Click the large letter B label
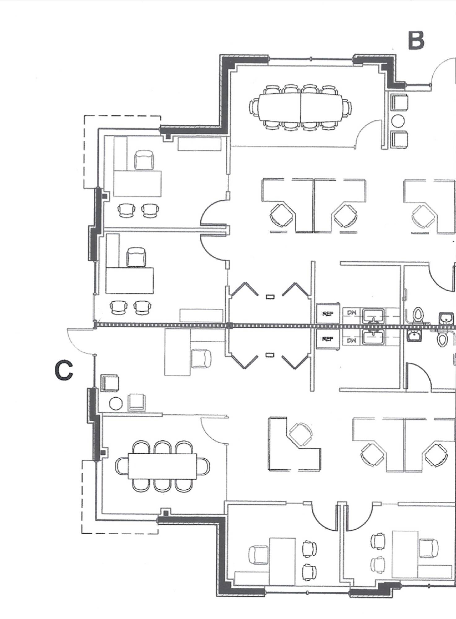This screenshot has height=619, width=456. (x=416, y=41)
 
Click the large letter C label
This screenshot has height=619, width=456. (x=64, y=370)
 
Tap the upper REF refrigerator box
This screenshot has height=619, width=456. (x=328, y=314)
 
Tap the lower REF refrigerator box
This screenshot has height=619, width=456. (x=328, y=339)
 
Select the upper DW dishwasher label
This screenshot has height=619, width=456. (x=352, y=313)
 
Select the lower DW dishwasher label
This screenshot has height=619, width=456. (x=352, y=341)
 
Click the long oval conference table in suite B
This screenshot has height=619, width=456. (x=300, y=107)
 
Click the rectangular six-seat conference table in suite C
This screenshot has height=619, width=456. (x=162, y=466)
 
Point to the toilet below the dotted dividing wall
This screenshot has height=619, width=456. (x=442, y=339)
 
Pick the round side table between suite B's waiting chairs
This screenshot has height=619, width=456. (x=398, y=121)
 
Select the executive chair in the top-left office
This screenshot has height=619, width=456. (x=144, y=160)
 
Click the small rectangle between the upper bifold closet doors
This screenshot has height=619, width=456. (x=270, y=297)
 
